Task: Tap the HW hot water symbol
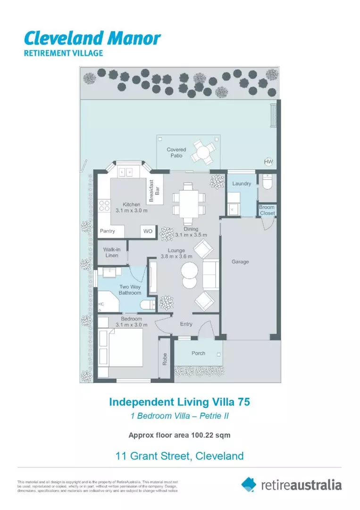point(268,162)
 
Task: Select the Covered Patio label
point(176,153)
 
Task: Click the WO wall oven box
point(148,231)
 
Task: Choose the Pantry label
point(108,231)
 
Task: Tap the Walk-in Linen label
point(112,252)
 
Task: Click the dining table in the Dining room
point(189,204)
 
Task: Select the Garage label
point(240,262)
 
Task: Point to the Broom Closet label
point(267,210)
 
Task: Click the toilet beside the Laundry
point(268,182)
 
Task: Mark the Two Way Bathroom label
point(130,290)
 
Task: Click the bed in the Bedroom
point(120,351)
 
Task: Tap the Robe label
point(165,360)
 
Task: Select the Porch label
point(198,353)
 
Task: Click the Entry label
point(186,324)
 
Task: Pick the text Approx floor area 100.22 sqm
point(179,435)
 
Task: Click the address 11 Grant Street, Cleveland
point(179,456)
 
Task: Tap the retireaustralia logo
point(291,484)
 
